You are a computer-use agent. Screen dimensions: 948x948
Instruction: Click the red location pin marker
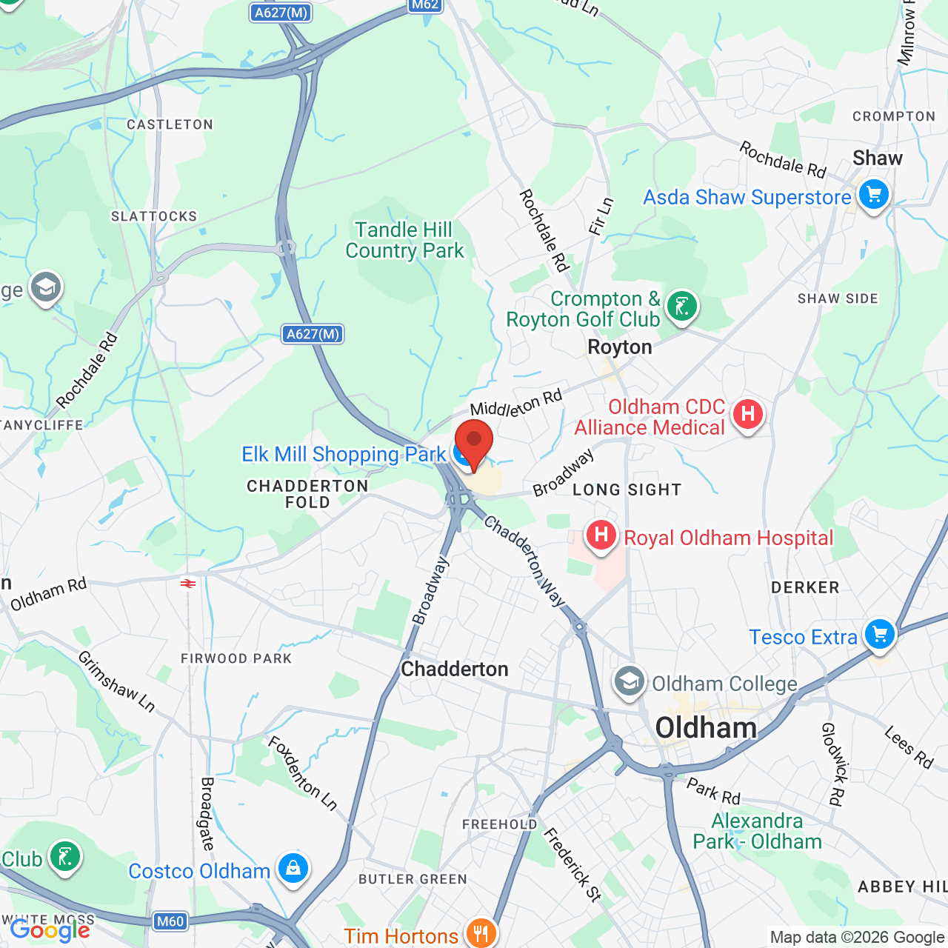pos(473,441)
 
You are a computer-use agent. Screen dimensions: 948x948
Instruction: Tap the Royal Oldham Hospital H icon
pos(601,535)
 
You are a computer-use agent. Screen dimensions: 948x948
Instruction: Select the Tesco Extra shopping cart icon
pos(880,635)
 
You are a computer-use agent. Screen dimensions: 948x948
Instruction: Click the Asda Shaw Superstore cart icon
pos(874,196)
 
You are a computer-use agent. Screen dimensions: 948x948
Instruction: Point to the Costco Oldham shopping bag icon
pos(293,869)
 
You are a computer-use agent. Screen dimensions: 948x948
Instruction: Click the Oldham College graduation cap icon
pos(630,681)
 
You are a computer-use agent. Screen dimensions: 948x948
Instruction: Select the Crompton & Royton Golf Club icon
pos(681,306)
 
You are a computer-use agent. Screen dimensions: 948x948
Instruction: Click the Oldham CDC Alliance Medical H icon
pos(747,414)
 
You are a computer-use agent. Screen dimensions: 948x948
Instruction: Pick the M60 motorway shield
pos(170,921)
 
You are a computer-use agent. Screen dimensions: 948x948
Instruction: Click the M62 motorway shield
pos(425,5)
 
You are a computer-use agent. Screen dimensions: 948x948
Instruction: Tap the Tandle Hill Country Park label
pos(404,240)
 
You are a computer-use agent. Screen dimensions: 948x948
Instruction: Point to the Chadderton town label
pos(455,669)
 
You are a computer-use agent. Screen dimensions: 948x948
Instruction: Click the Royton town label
pos(620,347)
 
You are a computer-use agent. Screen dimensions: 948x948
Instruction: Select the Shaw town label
pos(878,158)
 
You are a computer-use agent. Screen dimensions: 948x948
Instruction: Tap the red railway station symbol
pos(188,584)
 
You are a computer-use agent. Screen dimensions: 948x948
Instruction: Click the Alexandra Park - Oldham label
pos(757,831)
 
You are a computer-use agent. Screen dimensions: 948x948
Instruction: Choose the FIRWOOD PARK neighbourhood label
pos(236,658)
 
